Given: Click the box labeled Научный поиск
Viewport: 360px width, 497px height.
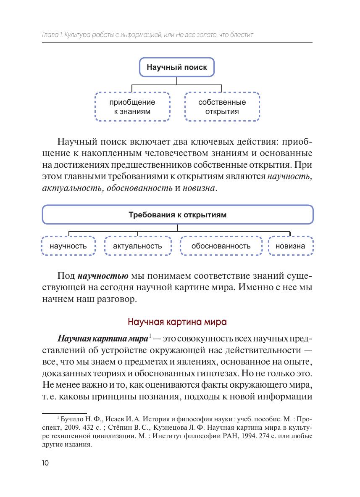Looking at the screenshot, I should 176,67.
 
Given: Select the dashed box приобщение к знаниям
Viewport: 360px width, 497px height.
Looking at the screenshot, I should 132,107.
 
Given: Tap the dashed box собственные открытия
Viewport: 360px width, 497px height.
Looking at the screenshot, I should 222,107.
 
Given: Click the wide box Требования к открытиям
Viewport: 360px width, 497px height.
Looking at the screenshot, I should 177,215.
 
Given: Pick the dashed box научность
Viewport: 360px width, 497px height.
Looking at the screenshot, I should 68,246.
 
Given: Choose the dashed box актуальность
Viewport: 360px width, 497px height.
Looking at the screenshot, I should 137,246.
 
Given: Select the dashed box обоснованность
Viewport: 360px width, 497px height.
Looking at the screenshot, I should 221,246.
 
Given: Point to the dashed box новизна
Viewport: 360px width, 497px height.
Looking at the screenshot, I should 290,246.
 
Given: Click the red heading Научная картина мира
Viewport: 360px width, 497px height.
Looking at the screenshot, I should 177,323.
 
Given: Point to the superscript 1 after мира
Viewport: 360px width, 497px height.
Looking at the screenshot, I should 150,337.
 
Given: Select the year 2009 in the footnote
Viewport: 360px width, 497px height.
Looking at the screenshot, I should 70,428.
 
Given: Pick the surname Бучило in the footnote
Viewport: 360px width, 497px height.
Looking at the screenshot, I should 73,419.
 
